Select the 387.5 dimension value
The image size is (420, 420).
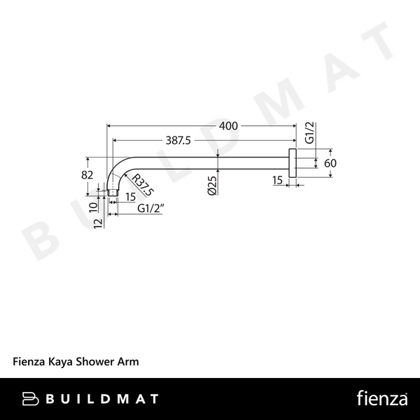178,140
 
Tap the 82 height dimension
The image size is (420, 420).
87,174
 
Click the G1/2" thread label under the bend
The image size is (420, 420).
150,208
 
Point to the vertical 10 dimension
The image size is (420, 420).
94,207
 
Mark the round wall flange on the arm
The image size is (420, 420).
293,162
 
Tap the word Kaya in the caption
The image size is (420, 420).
60,362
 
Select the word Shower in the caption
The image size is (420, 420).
98,362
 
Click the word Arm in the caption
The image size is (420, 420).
130,362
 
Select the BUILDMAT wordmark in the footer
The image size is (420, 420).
101,399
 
